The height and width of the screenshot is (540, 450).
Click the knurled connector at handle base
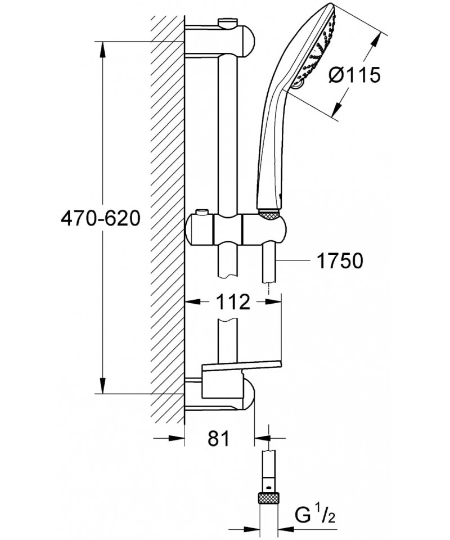point(269,214)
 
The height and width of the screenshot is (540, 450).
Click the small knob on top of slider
point(201,214)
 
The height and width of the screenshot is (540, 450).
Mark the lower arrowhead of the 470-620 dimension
point(102,388)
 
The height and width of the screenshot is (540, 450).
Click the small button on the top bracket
point(227,22)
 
